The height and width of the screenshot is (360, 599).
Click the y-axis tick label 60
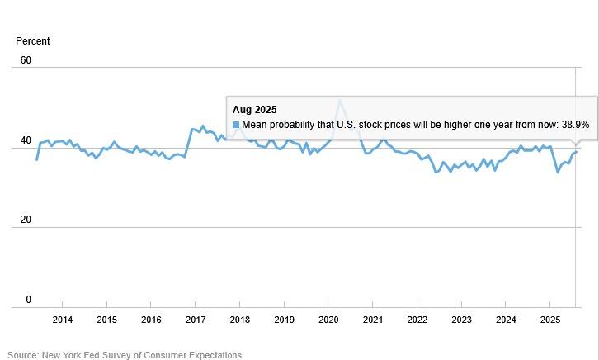point(26,60)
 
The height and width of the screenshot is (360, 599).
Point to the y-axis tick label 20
point(26,220)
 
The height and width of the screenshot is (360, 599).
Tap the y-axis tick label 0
point(28,300)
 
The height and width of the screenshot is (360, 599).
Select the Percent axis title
point(33,41)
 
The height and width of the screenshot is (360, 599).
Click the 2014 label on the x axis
point(62,320)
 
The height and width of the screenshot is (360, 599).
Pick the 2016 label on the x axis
point(151,320)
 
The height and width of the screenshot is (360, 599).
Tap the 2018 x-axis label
point(239,320)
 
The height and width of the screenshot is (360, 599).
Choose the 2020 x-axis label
point(328,320)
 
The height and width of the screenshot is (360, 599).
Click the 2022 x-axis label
point(417,320)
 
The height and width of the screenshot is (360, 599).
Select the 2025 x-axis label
point(549,320)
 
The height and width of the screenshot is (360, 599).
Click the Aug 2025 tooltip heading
point(254,109)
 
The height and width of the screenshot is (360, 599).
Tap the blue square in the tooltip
point(236,125)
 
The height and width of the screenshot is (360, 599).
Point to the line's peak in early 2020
point(339,101)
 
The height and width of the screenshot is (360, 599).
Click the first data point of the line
point(37,159)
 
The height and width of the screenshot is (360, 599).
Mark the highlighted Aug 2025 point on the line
point(576,151)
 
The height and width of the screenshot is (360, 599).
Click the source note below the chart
point(125,355)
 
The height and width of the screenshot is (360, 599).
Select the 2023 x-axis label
point(461,320)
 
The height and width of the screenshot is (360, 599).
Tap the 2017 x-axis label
point(195,320)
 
